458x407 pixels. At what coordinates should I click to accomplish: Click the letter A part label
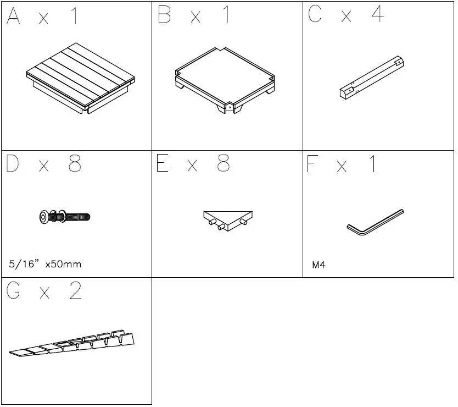(14, 16)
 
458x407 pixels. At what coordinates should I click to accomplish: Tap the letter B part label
(164, 15)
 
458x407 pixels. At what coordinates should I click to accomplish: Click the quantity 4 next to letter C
(377, 15)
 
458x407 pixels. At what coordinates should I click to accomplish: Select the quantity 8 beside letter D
(75, 164)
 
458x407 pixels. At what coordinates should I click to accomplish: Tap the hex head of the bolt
(44, 218)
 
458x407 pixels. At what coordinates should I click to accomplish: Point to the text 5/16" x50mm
(45, 265)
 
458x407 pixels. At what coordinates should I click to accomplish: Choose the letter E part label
(163, 164)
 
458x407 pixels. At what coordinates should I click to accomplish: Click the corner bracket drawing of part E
(228, 218)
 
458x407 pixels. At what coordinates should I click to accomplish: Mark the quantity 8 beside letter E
(224, 164)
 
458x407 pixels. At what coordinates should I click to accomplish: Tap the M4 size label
(319, 265)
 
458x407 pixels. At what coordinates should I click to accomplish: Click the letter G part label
(14, 291)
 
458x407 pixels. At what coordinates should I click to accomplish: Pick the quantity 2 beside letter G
(75, 291)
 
